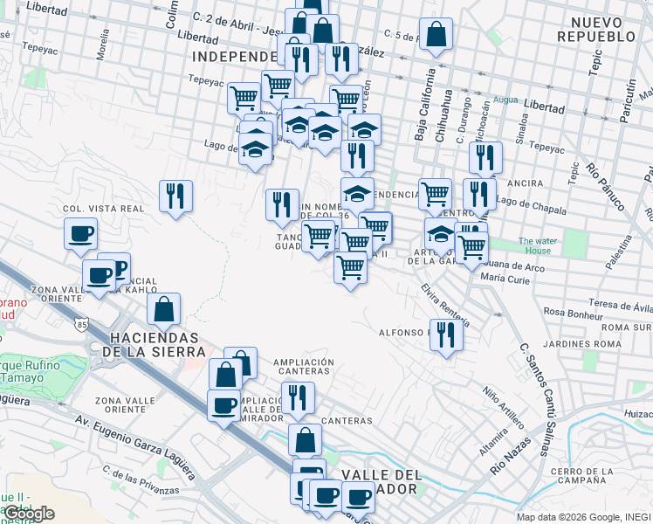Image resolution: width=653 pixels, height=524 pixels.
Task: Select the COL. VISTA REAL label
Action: coord(103,210)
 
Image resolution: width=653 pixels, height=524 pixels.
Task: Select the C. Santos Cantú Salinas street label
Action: coord(535,398)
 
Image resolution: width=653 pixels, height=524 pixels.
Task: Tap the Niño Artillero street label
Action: coord(504,410)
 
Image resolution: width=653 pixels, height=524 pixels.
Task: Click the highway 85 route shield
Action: coord(80,324)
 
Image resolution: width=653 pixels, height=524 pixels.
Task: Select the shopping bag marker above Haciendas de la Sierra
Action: coord(163,308)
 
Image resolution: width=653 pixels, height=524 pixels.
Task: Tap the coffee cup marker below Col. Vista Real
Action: coord(80,233)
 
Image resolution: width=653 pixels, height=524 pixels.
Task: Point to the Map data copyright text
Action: coord(583,517)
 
